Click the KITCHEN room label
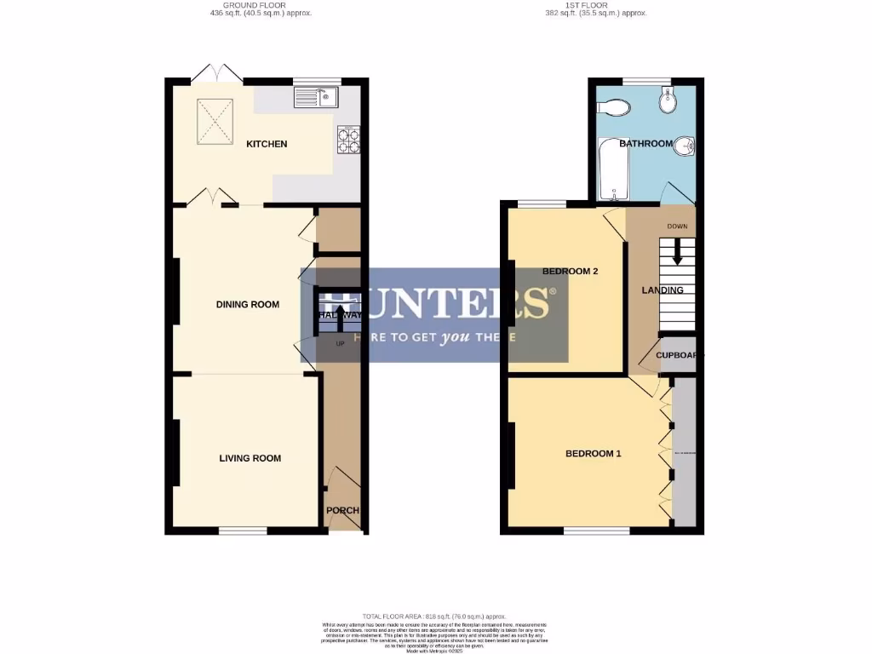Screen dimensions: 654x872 pos(267,144)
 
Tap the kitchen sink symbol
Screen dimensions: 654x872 pos(317,98)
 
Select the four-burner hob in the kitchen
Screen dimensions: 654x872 pos(348,140)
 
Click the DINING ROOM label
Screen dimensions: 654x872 pos(247,305)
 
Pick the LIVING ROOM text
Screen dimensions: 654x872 pos(250,458)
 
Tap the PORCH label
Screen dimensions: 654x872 pos(342,511)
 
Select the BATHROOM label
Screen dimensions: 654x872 pos(645,144)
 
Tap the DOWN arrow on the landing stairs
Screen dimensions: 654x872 pos(678,250)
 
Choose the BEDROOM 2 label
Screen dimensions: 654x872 pos(570,272)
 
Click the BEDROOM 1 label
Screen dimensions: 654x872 pos(593,454)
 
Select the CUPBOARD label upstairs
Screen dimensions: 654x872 pos(679,356)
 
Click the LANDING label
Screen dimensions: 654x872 pos(662,290)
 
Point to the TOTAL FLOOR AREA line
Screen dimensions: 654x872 pos(434,617)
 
